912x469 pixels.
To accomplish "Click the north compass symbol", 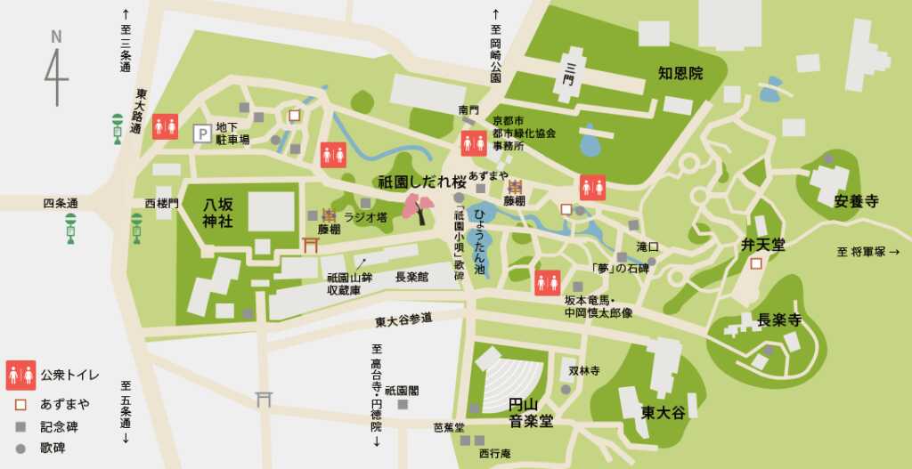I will pyautogui.click(x=55, y=67).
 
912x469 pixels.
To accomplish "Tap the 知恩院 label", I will pyautogui.click(x=681, y=73).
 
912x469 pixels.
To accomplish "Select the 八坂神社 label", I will pyautogui.click(x=218, y=212).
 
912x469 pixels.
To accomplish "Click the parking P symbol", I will pyautogui.click(x=202, y=133).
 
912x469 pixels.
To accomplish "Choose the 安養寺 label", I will pyautogui.click(x=857, y=201).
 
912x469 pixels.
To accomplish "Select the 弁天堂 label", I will pyautogui.click(x=763, y=243).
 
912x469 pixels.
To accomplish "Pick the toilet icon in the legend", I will pyautogui.click(x=20, y=375).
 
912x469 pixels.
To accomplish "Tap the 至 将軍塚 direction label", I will pyautogui.click(x=868, y=252).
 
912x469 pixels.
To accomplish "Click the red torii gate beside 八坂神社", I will pyautogui.click(x=311, y=244).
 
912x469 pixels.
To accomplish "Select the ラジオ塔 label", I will pyautogui.click(x=365, y=216).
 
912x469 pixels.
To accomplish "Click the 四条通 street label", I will pyautogui.click(x=61, y=204).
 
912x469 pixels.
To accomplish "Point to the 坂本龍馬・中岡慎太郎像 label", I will pyautogui.click(x=598, y=307).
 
